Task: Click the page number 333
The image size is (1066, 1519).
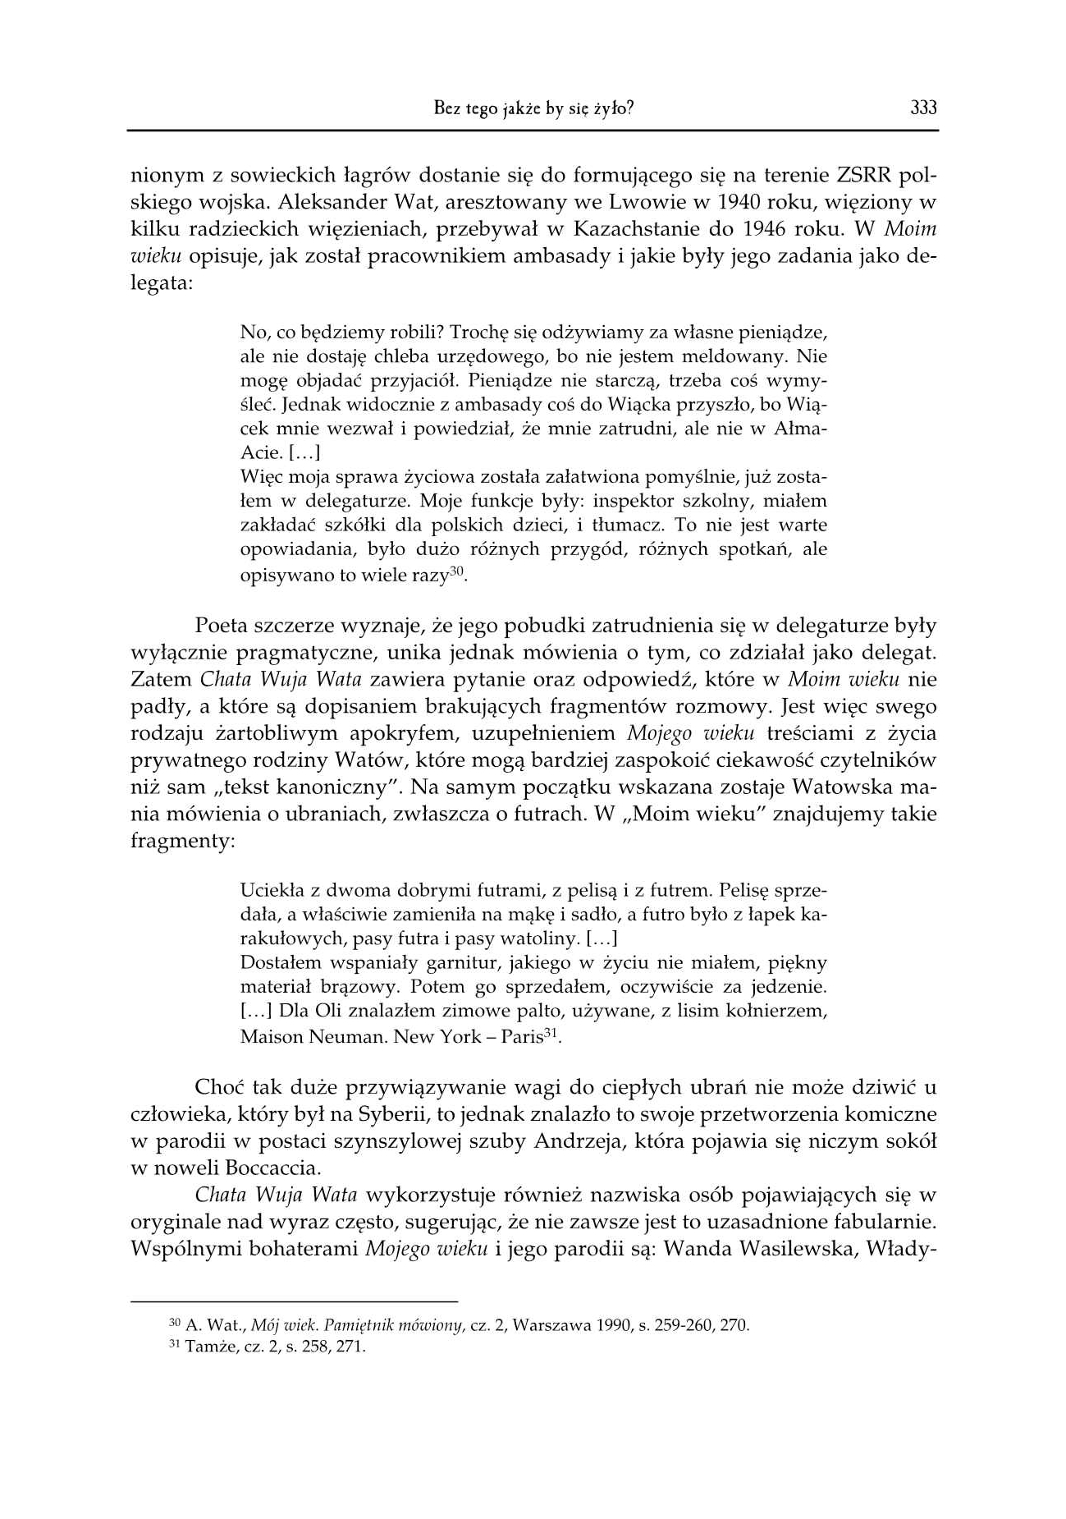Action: coord(922,108)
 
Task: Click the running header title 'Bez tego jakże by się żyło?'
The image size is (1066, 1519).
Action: coord(533,108)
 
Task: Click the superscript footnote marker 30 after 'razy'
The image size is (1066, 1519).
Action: coord(457,570)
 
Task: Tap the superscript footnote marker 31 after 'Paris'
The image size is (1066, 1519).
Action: coord(552,1031)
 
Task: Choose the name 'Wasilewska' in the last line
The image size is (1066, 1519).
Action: coord(794,1248)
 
